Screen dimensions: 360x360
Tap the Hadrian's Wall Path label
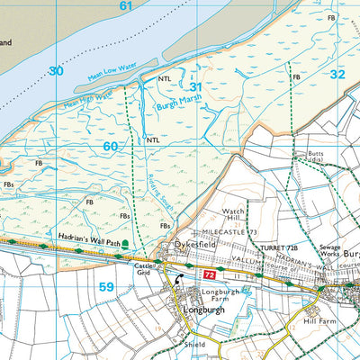[87, 236]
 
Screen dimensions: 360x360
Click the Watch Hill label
[234, 217]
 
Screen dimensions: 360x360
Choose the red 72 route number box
[209, 273]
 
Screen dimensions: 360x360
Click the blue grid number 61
[126, 7]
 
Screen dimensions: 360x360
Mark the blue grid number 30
[57, 70]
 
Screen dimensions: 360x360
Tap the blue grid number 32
[337, 75]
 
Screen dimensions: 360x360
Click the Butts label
[315, 156]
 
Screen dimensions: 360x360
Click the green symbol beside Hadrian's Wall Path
[125, 243]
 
